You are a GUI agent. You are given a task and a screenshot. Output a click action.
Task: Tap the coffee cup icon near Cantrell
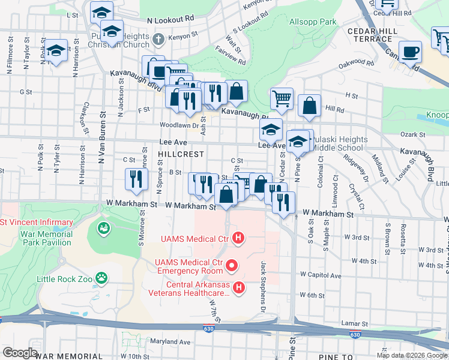[x=411, y=52]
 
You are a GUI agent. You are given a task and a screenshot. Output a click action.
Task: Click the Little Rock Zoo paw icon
[x=103, y=278]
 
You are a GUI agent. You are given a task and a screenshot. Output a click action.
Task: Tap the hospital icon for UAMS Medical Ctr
[x=239, y=239]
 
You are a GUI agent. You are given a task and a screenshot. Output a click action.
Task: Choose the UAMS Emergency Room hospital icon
[x=232, y=265]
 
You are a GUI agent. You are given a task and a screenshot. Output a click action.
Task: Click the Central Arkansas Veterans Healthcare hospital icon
[x=239, y=289]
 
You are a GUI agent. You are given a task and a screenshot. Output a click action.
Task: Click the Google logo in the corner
[x=20, y=352]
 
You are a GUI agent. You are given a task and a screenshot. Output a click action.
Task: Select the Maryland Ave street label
[x=170, y=342]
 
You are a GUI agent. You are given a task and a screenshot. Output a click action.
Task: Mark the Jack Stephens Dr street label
[x=263, y=287]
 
